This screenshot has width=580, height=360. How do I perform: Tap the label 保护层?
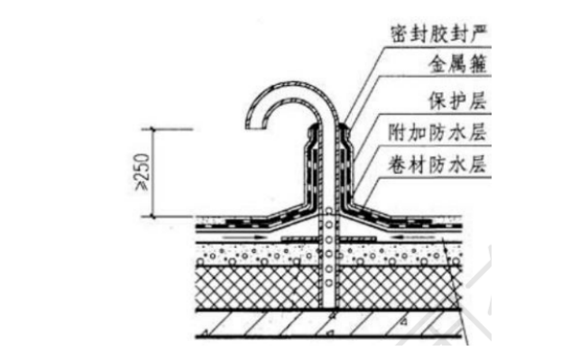456,100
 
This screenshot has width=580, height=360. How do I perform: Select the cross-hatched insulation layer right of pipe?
397,286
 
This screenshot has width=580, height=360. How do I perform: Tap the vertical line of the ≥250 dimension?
153,171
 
